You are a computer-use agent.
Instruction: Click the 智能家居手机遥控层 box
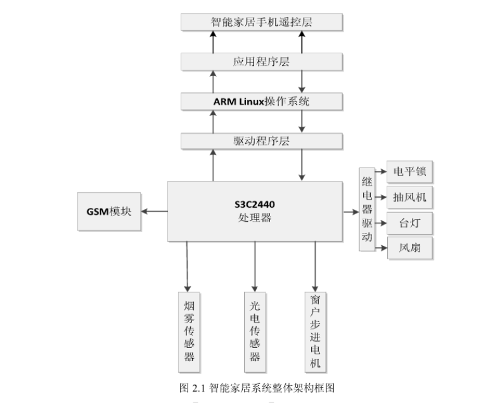262,22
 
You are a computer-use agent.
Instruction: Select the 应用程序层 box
262,61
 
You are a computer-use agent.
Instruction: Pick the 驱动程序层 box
262,141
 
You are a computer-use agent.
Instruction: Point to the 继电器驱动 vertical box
367,210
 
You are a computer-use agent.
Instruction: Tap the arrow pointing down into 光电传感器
255,266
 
